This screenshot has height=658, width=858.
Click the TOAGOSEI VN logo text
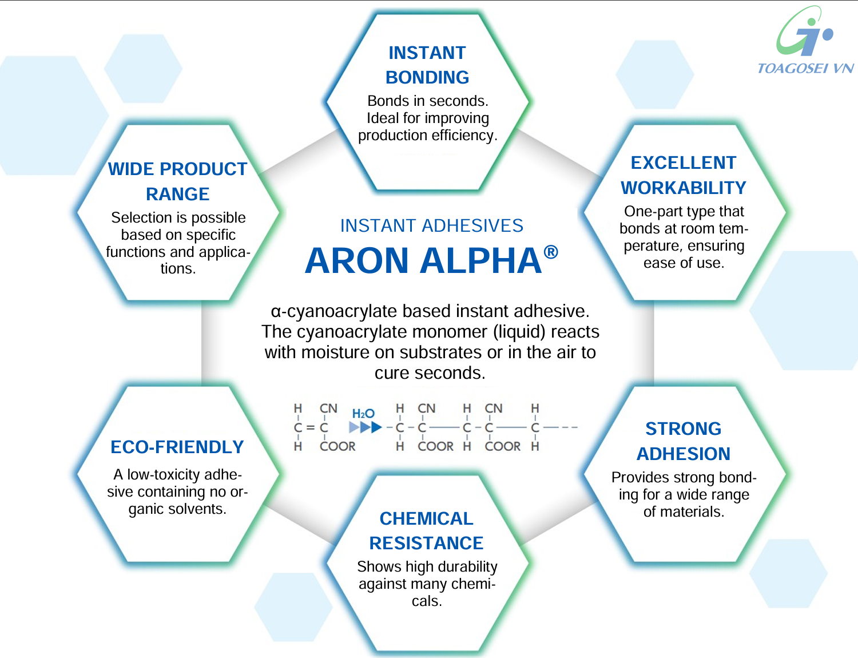(x=805, y=68)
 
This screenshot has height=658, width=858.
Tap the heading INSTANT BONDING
(x=427, y=65)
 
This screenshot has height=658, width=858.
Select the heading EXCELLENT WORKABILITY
(x=684, y=175)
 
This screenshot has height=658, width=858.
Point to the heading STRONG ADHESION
(x=684, y=441)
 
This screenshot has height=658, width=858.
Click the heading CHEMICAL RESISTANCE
(x=427, y=530)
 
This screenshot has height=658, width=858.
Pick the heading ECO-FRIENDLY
(x=177, y=447)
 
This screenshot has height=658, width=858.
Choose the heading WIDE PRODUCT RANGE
(x=178, y=181)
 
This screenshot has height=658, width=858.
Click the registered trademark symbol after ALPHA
(x=551, y=252)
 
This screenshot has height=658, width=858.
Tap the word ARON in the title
(x=356, y=261)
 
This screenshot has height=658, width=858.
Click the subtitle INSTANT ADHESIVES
(x=431, y=225)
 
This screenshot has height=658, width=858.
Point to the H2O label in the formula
(x=363, y=414)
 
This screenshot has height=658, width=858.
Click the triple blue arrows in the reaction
(x=366, y=427)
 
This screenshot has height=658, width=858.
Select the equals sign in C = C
(x=311, y=427)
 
